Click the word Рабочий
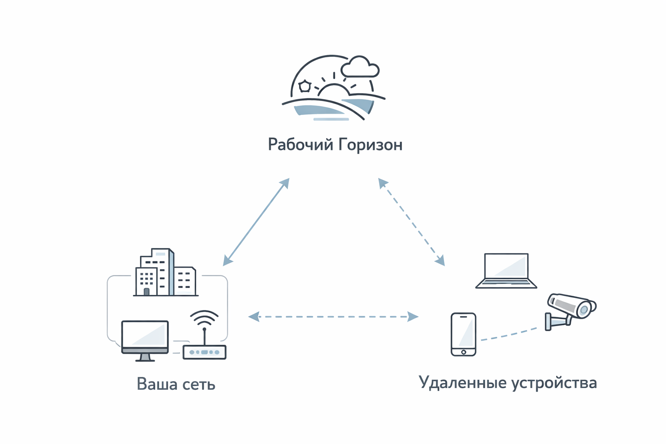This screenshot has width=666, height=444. click(x=300, y=144)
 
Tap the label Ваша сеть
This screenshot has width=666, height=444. click(x=176, y=384)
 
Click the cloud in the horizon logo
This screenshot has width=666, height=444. click(x=360, y=67)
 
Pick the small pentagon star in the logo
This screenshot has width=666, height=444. click(x=305, y=86)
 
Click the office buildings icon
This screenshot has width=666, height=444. click(x=165, y=273)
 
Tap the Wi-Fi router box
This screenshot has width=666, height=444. click(x=204, y=352)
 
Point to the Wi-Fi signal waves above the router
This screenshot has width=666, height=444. click(x=204, y=318)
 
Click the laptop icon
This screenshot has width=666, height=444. click(x=506, y=271)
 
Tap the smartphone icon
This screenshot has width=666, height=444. click(x=464, y=334)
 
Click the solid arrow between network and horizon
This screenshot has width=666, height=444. click(x=256, y=222)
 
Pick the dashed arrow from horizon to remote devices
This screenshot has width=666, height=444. click(x=411, y=222)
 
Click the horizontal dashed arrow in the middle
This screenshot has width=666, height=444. click(x=333, y=317)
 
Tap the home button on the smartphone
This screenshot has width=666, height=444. click(x=464, y=352)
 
